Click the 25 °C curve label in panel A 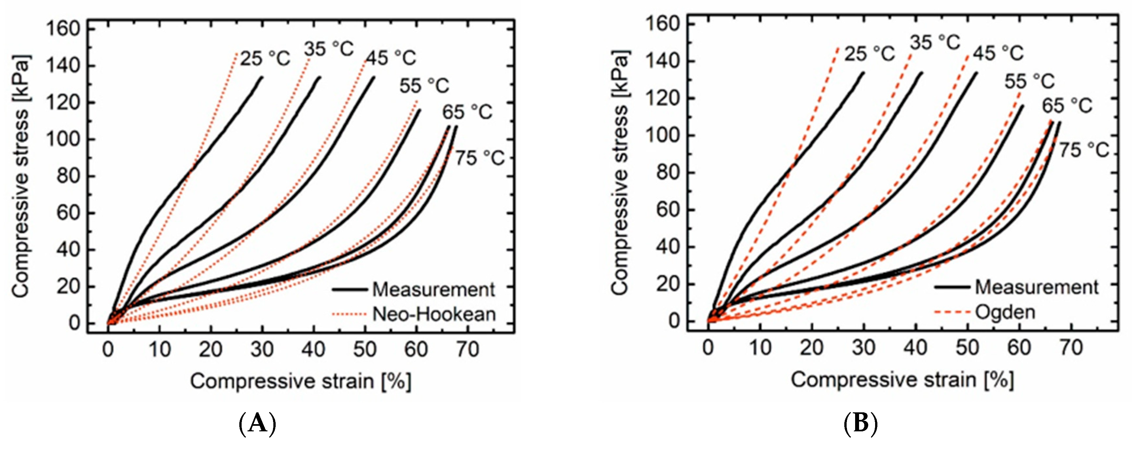tap(265, 58)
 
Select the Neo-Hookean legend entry tap(434, 314)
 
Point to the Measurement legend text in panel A tap(433, 289)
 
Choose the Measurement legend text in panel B tap(1036, 287)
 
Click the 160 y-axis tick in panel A tap(63, 29)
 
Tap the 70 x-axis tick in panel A tap(468, 350)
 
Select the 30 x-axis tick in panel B tap(863, 348)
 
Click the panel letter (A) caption tap(257, 424)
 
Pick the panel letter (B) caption tap(860, 424)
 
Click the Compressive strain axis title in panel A tap(301, 381)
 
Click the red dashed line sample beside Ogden tap(952, 312)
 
